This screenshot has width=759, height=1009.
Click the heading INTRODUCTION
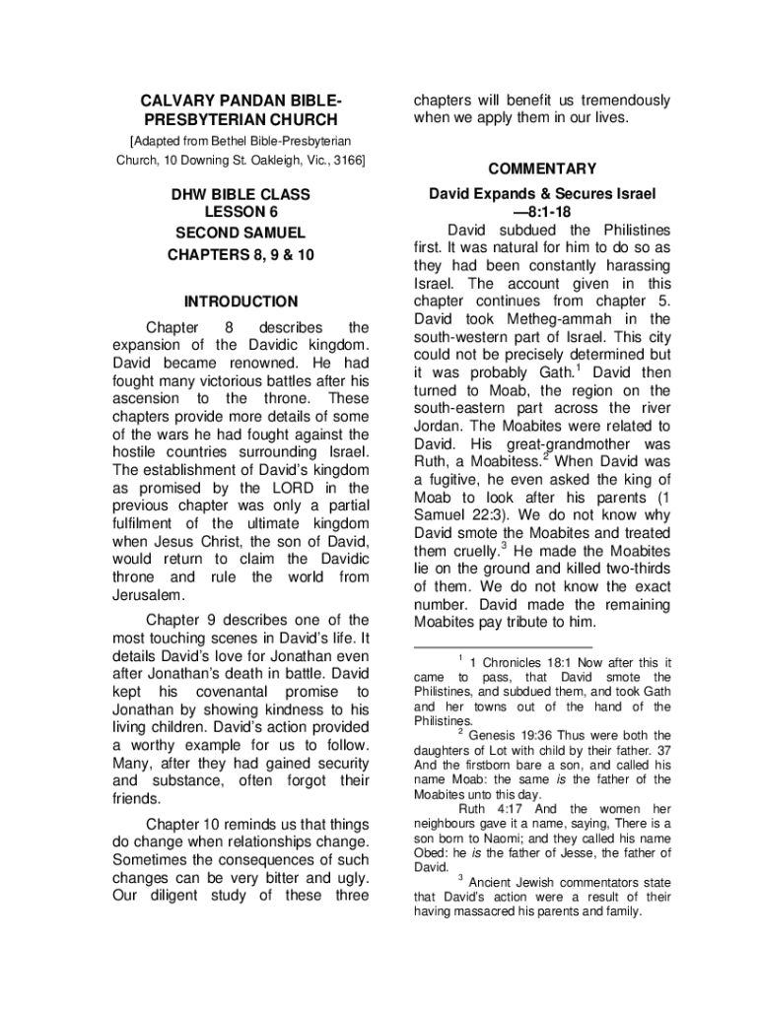pyautogui.click(x=241, y=302)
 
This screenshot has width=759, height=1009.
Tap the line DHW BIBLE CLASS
pyautogui.click(x=241, y=195)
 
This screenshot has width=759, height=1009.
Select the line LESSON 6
pyautogui.click(x=241, y=213)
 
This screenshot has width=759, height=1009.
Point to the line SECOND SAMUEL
pyautogui.click(x=241, y=234)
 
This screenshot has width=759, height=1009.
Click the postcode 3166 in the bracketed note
pyautogui.click(x=345, y=160)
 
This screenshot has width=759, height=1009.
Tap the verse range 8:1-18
pyautogui.click(x=542, y=213)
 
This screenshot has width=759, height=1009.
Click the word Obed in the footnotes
pyautogui.click(x=430, y=852)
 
